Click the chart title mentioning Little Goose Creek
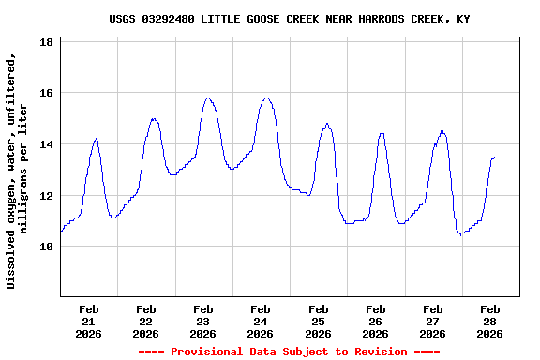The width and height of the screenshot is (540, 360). [289, 19]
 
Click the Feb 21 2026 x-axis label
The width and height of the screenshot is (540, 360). [89, 321]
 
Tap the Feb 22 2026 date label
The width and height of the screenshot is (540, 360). [146, 321]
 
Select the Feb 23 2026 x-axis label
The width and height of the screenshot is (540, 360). [203, 321]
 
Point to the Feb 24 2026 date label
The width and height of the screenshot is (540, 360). [261, 321]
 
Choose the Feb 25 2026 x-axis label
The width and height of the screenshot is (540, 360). [318, 321]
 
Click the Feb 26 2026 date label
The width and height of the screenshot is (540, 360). [375, 321]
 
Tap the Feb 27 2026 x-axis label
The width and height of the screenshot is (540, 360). [432, 321]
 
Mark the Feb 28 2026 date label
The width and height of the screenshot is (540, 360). [489, 321]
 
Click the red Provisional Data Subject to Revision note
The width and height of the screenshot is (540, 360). [289, 352]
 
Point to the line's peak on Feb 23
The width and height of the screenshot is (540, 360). [208, 97]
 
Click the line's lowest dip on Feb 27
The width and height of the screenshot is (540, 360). [460, 233]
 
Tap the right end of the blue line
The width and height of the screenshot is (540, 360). [494, 157]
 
